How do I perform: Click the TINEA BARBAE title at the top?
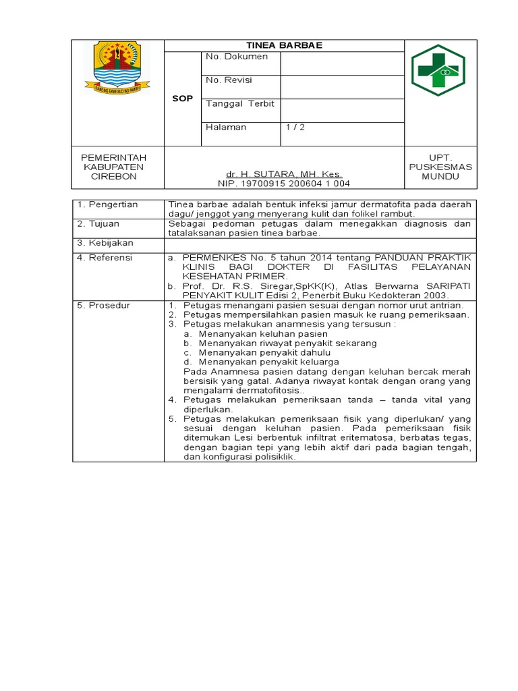(285, 45)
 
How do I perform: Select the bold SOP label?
(183, 99)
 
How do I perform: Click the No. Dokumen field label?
(237, 57)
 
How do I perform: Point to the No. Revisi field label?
(229, 80)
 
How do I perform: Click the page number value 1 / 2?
(295, 127)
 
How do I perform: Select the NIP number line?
(284, 184)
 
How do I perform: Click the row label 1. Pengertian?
(107, 204)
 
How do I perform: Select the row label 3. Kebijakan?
(105, 242)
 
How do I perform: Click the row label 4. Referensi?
(105, 258)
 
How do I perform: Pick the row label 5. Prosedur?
(103, 306)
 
